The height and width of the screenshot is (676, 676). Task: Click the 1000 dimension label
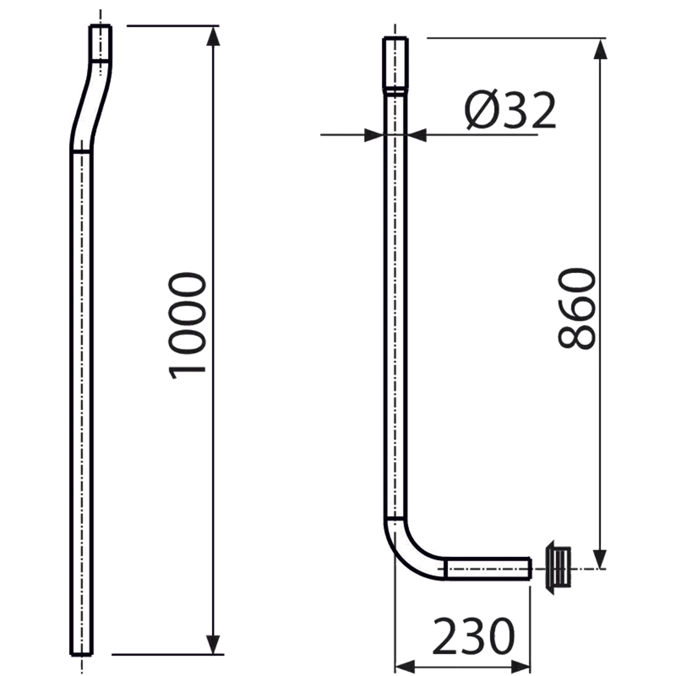[187, 325]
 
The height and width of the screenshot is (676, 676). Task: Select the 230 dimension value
[473, 636]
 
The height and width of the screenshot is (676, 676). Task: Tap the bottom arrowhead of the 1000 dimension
[213, 644]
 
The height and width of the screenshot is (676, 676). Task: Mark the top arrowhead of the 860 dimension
[600, 49]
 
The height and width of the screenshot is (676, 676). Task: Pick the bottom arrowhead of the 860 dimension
[600, 558]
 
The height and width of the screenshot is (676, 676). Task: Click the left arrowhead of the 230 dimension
[405, 666]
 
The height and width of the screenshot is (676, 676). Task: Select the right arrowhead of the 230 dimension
[521, 666]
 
